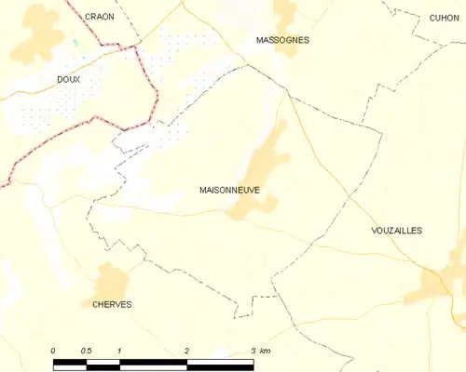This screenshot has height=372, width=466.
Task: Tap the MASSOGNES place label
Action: (x=282, y=40)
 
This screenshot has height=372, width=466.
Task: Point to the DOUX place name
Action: (x=69, y=80)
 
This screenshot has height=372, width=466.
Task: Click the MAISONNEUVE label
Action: (x=229, y=189)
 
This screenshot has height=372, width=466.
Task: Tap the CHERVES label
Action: (x=112, y=304)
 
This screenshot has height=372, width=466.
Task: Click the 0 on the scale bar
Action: (x=54, y=350)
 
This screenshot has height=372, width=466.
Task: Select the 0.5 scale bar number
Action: (x=86, y=350)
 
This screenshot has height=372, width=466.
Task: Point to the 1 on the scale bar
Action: (x=120, y=350)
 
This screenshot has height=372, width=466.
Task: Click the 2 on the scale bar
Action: (x=187, y=350)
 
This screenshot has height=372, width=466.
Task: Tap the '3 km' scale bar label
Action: (x=259, y=350)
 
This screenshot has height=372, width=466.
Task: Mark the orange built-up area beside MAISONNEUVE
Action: (x=261, y=172)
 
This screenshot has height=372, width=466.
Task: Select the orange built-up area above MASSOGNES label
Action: (x=284, y=17)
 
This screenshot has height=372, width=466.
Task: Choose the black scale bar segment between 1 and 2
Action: (x=154, y=360)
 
